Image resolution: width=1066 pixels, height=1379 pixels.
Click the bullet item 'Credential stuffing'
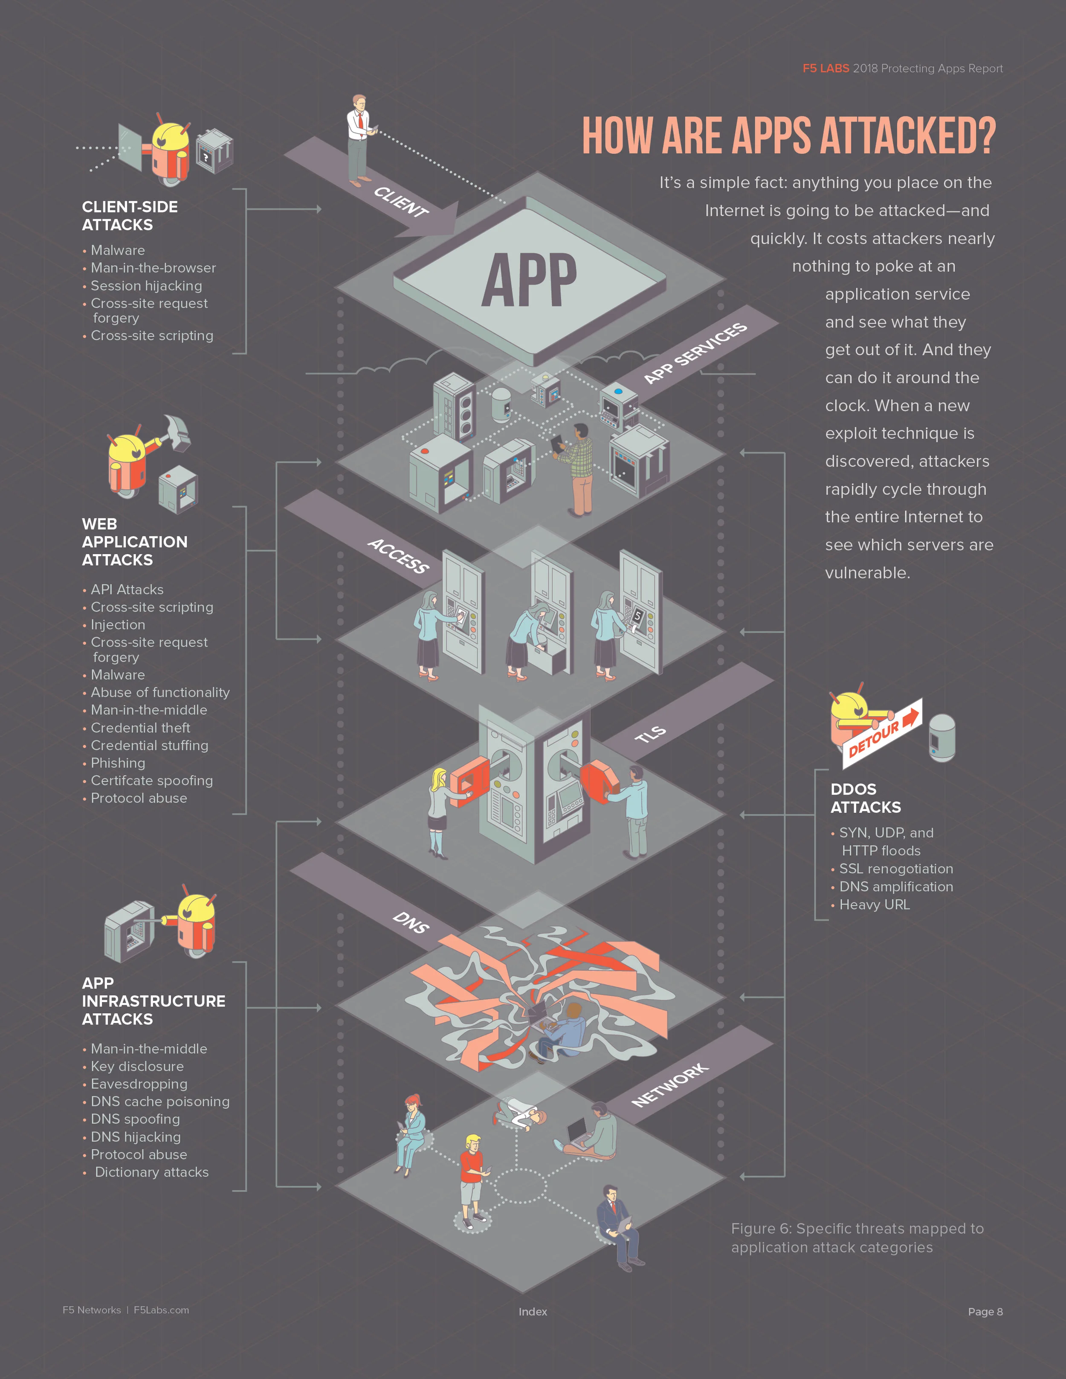[x=149, y=745]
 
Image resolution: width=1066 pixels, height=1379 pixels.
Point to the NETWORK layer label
[x=669, y=1085]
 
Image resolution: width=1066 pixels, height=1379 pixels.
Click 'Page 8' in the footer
[x=985, y=1312]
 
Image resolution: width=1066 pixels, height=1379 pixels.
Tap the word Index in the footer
[x=533, y=1312]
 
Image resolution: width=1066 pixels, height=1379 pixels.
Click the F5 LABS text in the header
[x=826, y=68]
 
